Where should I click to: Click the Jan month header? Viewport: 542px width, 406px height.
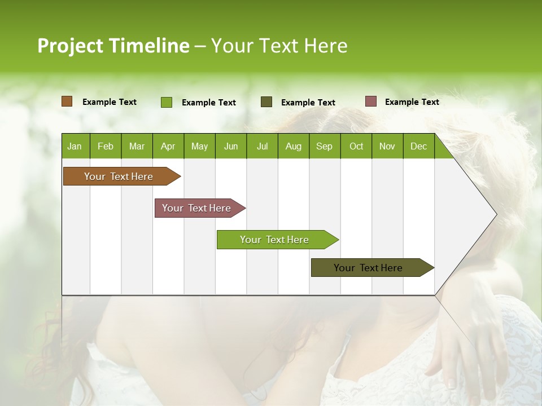click(75, 146)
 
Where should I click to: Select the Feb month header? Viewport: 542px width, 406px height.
click(106, 146)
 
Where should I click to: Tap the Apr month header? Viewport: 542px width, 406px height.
click(168, 146)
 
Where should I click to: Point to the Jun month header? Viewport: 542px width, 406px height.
click(231, 146)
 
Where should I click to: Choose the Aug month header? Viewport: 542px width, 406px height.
click(293, 146)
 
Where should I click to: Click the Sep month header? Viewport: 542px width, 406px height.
click(324, 146)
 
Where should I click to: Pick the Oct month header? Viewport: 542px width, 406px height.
click(356, 146)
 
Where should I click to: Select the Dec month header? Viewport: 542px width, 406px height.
click(418, 146)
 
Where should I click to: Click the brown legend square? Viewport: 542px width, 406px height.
click(67, 101)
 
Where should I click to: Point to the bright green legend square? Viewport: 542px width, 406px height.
click(167, 102)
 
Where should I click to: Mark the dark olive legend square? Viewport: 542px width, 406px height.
click(266, 102)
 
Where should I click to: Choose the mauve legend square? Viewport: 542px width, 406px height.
click(370, 101)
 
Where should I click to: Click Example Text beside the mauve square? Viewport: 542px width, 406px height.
click(412, 102)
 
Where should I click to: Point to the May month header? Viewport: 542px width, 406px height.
click(199, 146)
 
